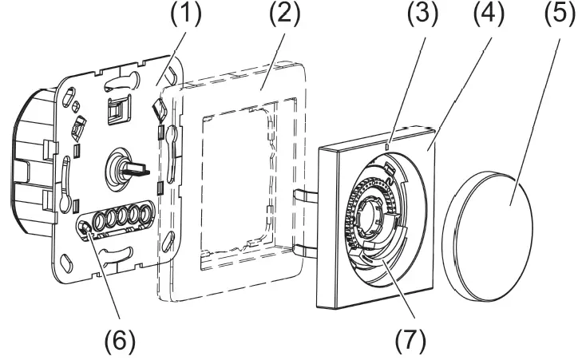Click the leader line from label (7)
396,295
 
